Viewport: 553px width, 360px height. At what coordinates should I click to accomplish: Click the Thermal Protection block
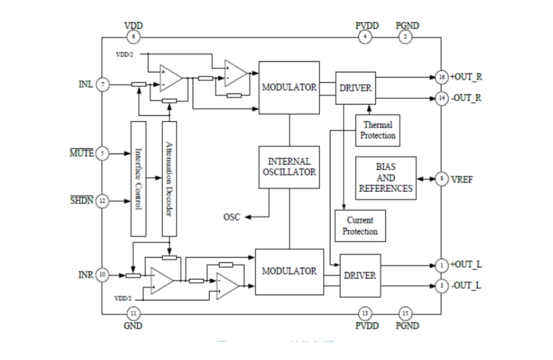(x=378, y=130)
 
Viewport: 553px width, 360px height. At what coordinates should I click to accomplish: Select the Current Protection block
(x=360, y=225)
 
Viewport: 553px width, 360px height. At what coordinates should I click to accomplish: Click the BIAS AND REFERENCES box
(x=385, y=178)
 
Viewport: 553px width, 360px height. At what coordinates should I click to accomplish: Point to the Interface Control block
(x=138, y=178)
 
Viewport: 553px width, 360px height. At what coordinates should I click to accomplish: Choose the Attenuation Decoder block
(x=169, y=178)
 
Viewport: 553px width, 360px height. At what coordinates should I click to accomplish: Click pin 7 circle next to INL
(x=102, y=84)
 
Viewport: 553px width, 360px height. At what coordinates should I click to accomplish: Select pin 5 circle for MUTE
(x=102, y=153)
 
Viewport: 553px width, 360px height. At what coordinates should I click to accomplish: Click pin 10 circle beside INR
(x=102, y=274)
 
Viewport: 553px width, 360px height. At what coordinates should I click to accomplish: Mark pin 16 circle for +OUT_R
(x=441, y=76)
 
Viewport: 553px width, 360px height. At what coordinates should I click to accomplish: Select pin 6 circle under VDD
(x=134, y=37)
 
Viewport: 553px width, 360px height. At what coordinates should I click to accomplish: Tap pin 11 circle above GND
(x=134, y=313)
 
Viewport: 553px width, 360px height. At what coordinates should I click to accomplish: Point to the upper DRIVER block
(x=356, y=88)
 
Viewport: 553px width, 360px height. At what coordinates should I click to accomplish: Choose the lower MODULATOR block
(x=289, y=272)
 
